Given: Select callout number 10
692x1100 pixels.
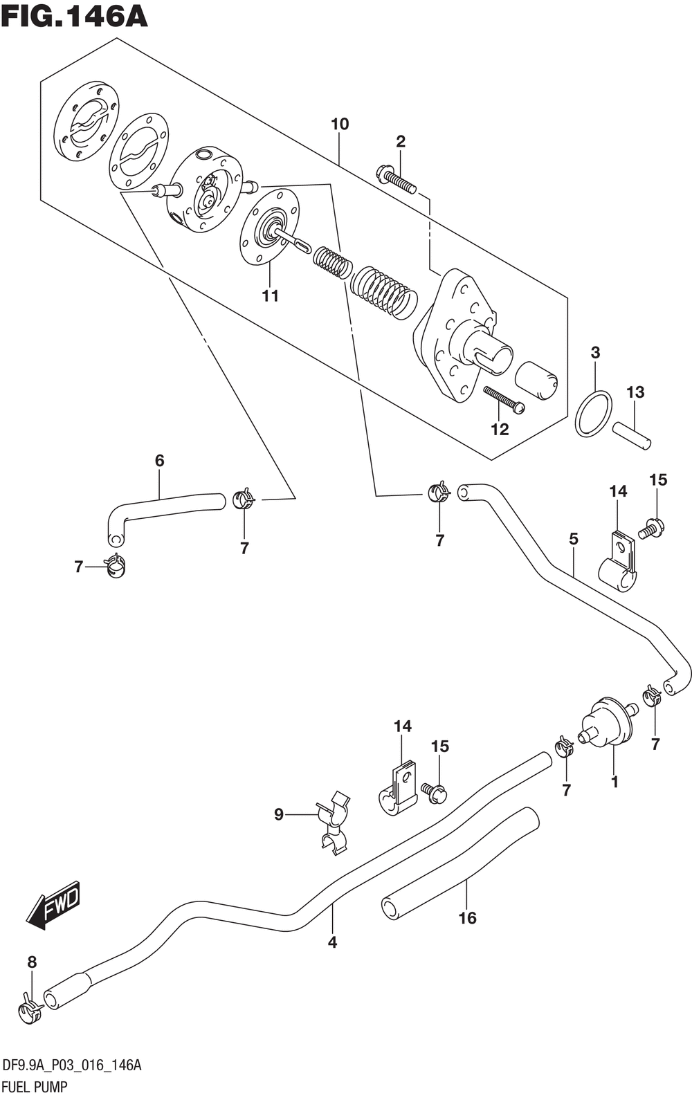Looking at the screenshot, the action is (340, 125).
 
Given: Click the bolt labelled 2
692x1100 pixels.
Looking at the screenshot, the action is (397, 179).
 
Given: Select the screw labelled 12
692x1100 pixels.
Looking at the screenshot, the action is (503, 399).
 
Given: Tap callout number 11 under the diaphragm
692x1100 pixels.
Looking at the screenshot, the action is (270, 296).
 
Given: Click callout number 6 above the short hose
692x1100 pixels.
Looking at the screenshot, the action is (159, 461).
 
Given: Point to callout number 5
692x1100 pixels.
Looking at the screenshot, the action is (573, 539).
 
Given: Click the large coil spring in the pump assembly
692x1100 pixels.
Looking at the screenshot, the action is (384, 293).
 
